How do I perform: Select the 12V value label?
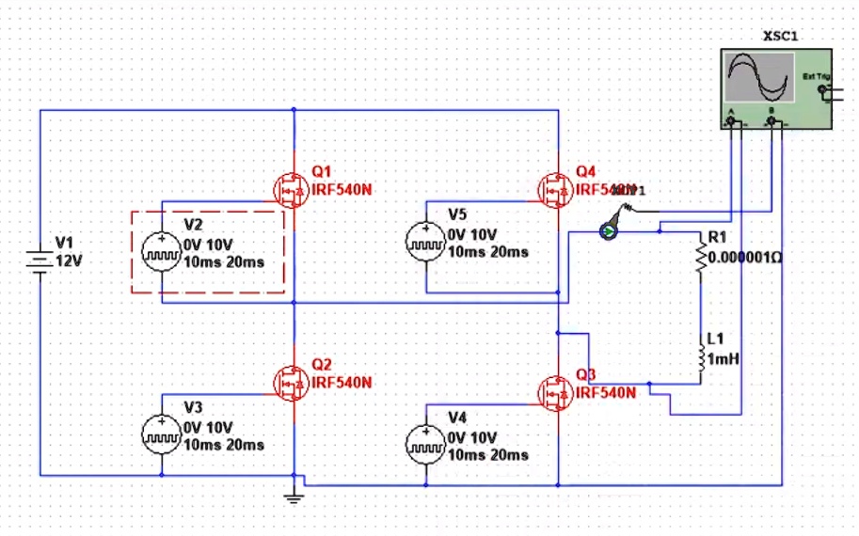click(x=70, y=260)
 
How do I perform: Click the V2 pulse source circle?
click(x=160, y=249)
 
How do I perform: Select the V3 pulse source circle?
click(x=160, y=433)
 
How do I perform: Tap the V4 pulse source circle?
click(x=424, y=444)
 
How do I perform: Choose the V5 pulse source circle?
click(x=424, y=242)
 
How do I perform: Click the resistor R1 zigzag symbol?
click(x=700, y=257)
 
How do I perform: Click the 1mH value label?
click(x=723, y=358)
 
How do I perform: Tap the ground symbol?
click(x=294, y=497)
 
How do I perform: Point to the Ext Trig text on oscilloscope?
click(x=812, y=76)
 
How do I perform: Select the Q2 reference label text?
click(x=323, y=365)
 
